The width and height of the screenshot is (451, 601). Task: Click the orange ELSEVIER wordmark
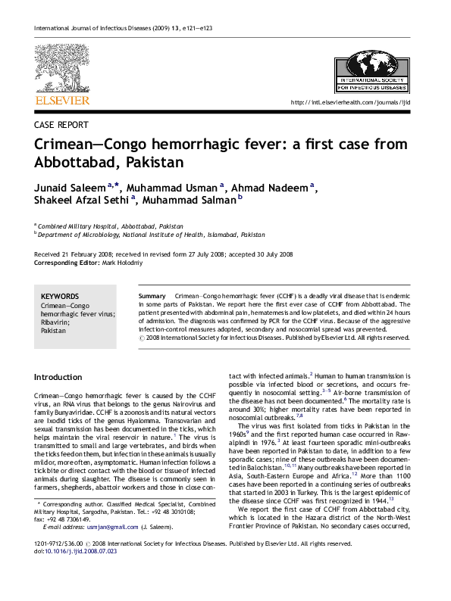point(62,100)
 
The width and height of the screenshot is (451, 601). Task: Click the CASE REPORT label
point(61,125)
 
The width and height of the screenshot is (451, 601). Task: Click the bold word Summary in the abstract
point(152,295)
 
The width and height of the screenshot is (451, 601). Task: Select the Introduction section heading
point(58,377)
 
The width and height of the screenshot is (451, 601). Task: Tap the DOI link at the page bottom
point(81,573)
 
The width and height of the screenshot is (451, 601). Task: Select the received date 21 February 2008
point(88,254)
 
